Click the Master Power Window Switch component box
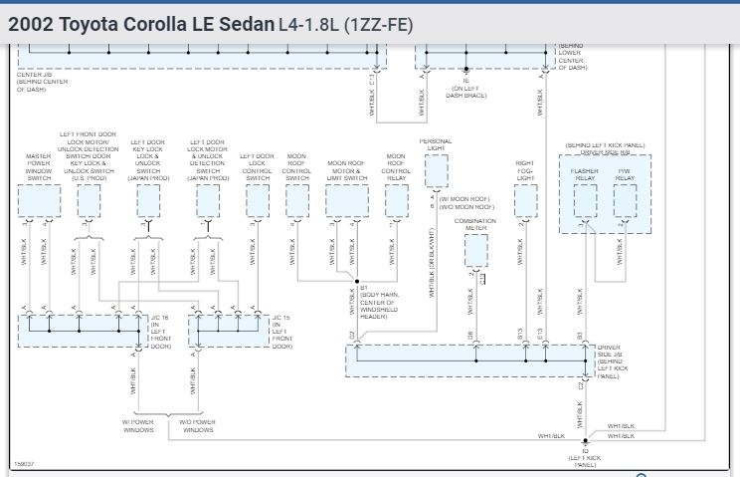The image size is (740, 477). (39, 201)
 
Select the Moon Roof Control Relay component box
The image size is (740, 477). (396, 201)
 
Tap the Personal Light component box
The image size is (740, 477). (435, 171)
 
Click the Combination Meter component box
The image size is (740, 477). (475, 251)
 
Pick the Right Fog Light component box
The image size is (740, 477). (525, 201)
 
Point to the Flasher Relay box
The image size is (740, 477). (585, 201)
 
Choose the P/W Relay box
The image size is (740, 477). (624, 201)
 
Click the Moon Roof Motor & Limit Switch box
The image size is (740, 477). (347, 201)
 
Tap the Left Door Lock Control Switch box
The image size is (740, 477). (257, 201)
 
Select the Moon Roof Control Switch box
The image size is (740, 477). (296, 201)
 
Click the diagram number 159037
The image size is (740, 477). (24, 464)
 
